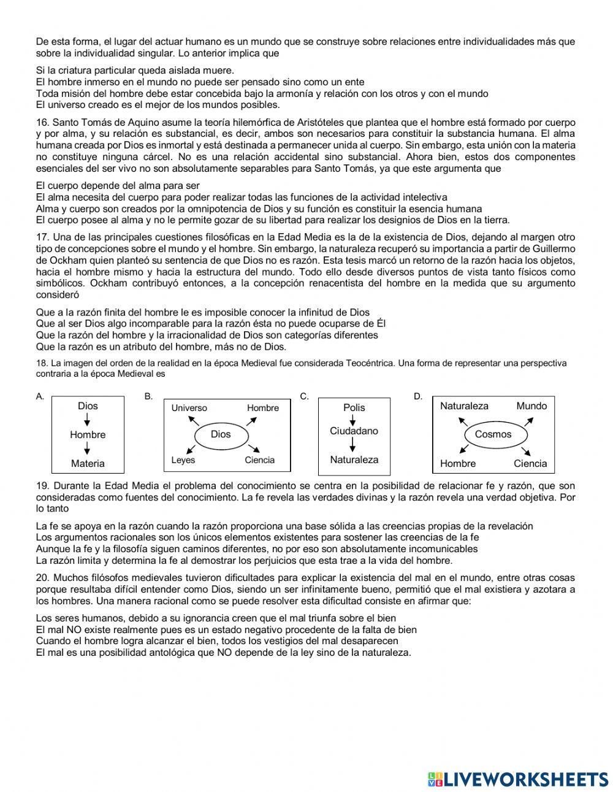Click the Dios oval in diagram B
coord(221,434)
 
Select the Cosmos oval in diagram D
coord(493,434)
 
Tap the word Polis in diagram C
coord(354,407)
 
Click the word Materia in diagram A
coord(88,463)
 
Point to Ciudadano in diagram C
coord(354,431)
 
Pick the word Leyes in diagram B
coord(183,460)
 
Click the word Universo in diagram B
coord(189,408)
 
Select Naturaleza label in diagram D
coord(464,406)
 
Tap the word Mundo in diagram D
coord(531,406)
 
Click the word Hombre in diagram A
coord(88,434)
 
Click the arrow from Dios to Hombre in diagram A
coord(88,420)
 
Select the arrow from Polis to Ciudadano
coord(353,419)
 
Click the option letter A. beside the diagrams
coord(40,396)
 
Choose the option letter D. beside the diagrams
coord(418,396)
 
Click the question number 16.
coord(42,123)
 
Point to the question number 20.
coord(42,577)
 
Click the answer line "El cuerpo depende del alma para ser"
coord(118,185)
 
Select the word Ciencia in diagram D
coord(530,463)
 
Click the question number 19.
coord(42,486)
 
